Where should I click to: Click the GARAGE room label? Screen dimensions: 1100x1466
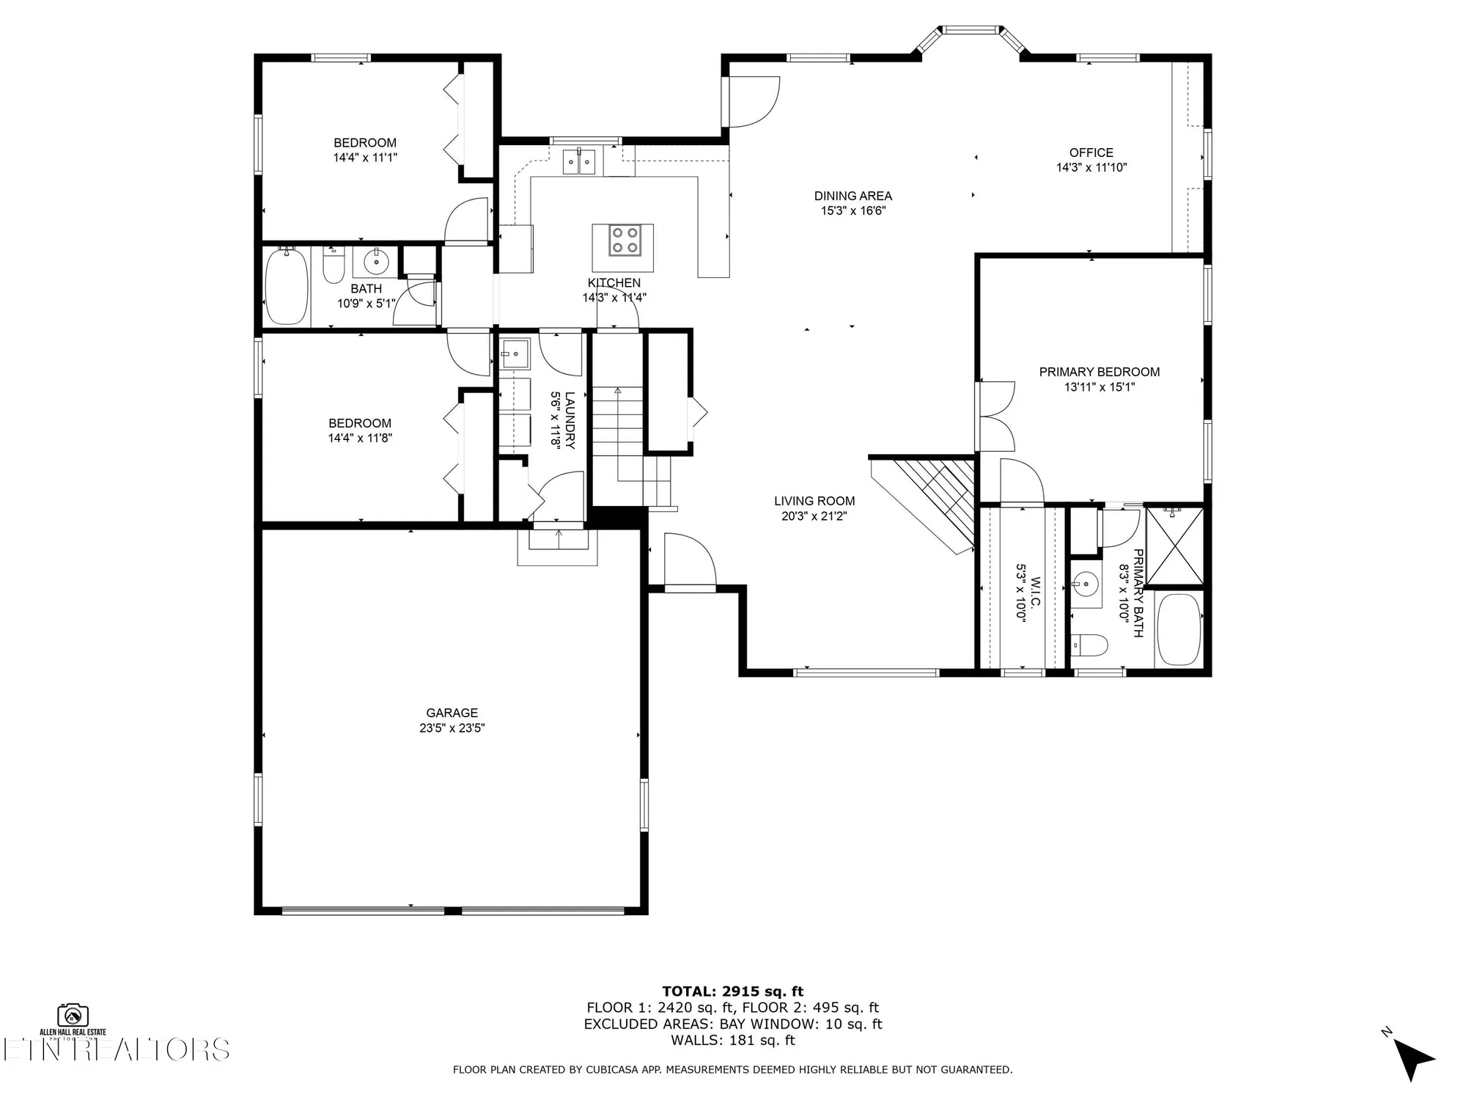point(452,713)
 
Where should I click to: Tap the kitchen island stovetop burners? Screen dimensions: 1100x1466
point(623,241)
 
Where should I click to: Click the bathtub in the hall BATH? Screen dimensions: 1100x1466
point(286,287)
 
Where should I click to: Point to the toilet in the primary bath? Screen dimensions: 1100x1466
point(1089,645)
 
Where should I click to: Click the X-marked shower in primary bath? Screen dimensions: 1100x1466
point(1174,547)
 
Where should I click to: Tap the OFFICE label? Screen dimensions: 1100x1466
point(1091,153)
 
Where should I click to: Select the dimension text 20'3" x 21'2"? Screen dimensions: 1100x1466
point(814,516)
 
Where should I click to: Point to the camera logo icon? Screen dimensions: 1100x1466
point(73,1015)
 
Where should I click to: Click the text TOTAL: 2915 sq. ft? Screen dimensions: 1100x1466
point(732,991)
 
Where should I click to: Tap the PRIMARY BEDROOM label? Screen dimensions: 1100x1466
point(1099,372)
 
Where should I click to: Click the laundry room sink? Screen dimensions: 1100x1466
point(515,354)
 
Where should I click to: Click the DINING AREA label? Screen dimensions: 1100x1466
point(852,196)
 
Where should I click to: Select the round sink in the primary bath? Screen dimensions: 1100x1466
point(1084,585)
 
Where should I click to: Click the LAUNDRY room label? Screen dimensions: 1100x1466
point(570,420)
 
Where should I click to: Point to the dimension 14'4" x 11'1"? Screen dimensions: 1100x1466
point(365,158)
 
